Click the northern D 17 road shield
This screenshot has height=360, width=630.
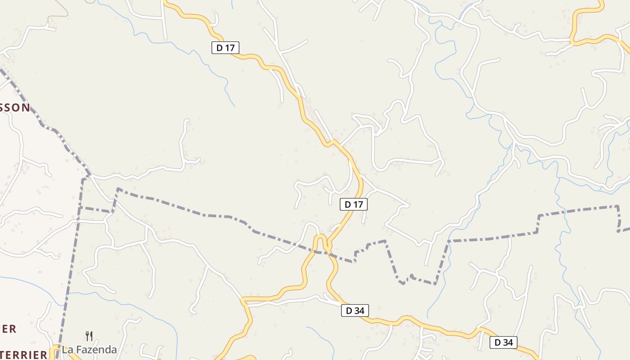pos(225,47)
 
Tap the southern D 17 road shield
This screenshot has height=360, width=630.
pos(353,204)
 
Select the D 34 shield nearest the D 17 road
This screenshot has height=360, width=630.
pos(355,310)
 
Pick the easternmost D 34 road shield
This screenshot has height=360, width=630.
pos(503,342)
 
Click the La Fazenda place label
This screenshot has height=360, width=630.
pos(89,350)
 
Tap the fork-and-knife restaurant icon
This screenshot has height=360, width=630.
pos(89,336)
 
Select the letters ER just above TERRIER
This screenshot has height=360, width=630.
pos(8,329)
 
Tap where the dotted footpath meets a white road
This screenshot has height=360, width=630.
pos(48,24)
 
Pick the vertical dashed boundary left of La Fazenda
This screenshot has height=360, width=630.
pos(74,252)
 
